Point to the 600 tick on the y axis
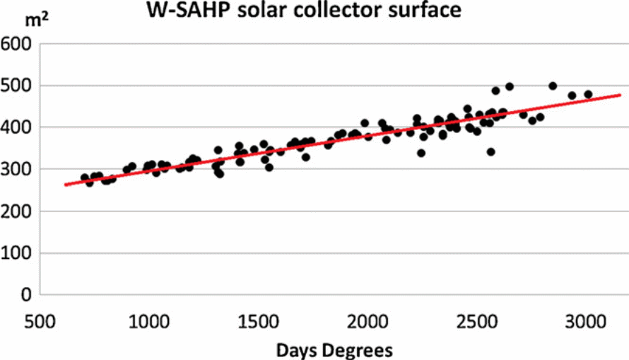click(18, 45)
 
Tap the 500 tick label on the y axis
click(18, 86)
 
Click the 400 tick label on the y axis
click(18, 128)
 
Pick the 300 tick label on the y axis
click(18, 170)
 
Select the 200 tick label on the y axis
click(18, 211)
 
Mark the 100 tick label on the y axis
click(18, 253)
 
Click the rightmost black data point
click(588, 94)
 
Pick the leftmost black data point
click(85, 178)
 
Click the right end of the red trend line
click(621, 95)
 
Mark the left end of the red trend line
click(64, 185)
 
